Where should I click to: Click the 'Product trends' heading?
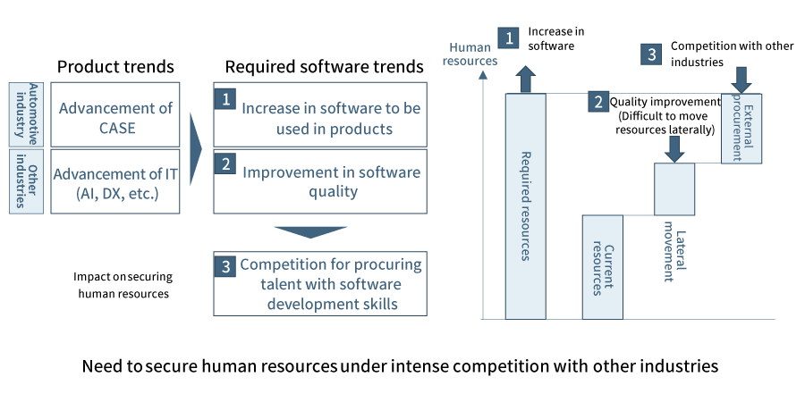click(x=115, y=67)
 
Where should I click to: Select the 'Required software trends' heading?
click(x=325, y=67)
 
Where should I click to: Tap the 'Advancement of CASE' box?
click(x=115, y=115)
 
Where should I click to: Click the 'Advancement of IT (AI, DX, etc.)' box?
click(x=115, y=181)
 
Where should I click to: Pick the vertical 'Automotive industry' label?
click(x=26, y=115)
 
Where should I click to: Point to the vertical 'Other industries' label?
click(x=26, y=181)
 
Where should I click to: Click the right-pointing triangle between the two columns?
click(x=196, y=148)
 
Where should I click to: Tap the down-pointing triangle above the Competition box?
click(x=310, y=232)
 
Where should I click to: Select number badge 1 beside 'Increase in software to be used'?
click(x=225, y=99)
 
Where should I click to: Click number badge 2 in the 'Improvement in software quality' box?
click(x=225, y=163)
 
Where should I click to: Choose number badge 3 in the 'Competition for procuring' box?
click(x=225, y=266)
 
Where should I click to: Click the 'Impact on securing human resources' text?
click(x=123, y=286)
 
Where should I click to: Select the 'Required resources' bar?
click(x=526, y=206)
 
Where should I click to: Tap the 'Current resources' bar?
click(x=603, y=267)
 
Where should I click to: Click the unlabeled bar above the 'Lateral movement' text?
click(x=674, y=188)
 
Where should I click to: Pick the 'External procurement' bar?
click(x=741, y=128)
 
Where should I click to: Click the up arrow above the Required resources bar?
click(x=526, y=79)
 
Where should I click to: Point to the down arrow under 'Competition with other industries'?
click(x=741, y=80)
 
